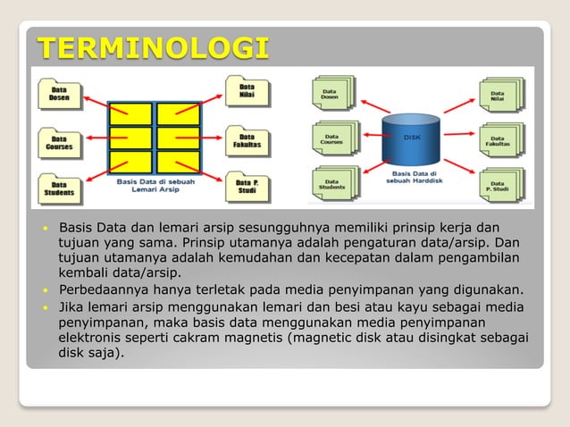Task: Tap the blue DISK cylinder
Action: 411,138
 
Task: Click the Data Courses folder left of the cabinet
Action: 60,142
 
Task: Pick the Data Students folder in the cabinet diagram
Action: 60,188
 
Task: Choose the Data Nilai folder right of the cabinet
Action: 244,92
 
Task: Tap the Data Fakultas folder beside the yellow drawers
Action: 244,140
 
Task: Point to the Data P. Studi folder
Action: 244,188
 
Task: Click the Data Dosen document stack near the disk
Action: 332,92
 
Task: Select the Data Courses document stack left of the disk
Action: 332,138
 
